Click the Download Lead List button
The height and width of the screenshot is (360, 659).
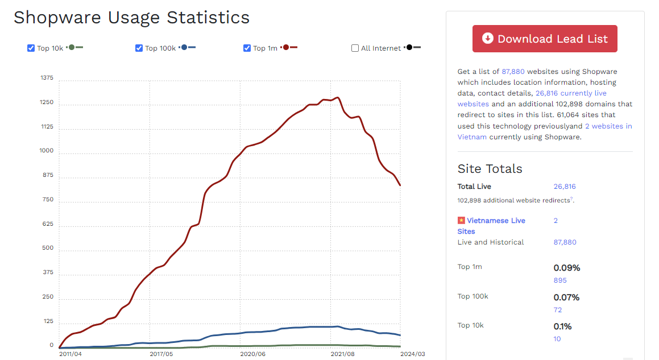pos(545,39)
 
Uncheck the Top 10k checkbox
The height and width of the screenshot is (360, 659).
pos(31,48)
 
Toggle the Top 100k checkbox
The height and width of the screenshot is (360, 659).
pos(139,48)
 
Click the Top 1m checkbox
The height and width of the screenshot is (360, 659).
pos(247,48)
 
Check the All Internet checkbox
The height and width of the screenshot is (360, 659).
pos(355,48)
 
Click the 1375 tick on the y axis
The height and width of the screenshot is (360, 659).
pos(47,78)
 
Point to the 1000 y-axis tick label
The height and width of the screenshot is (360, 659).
pos(47,151)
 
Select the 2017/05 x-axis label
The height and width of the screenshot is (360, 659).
pos(161,354)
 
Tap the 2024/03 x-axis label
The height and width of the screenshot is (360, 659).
pos(413,354)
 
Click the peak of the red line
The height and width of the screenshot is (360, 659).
pos(338,97)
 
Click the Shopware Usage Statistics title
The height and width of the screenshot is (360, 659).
pos(131,18)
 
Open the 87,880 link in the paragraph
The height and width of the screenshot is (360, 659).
pos(513,72)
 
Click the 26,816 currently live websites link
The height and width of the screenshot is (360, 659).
pos(571,93)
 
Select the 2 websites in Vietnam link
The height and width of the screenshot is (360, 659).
pos(608,126)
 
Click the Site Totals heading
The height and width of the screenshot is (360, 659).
pos(490,169)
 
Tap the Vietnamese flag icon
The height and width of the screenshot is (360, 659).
pos(461,221)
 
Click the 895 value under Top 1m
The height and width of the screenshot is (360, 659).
pos(560,280)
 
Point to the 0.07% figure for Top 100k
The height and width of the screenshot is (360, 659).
pos(566,297)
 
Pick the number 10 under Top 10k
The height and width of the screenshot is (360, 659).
pos(557,339)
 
